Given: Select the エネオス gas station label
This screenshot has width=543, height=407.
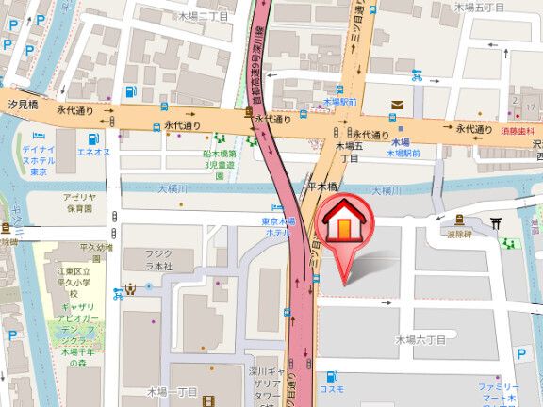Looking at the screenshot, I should pos(93,151).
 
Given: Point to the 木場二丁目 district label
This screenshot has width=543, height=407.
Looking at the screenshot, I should pos(203,16).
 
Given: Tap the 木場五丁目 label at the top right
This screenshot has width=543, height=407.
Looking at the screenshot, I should pos(479,7).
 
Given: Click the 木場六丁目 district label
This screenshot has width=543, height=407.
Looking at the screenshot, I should pos(420,338).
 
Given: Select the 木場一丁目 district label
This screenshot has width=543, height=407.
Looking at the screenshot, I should pos(173,391).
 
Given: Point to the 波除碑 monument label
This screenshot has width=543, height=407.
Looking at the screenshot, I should pos(458,236).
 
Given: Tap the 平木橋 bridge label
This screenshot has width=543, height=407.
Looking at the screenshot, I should pos(324,186).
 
